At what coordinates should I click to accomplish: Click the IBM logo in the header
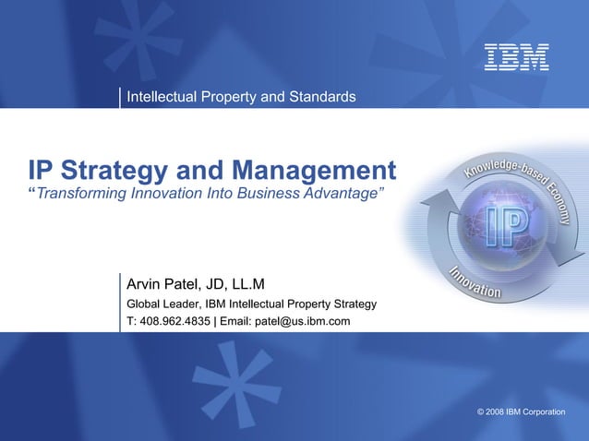517,57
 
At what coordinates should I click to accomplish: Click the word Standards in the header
322,97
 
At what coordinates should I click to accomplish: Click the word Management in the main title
315,171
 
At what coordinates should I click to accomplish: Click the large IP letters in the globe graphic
507,226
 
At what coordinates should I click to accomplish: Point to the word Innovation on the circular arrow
476,281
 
